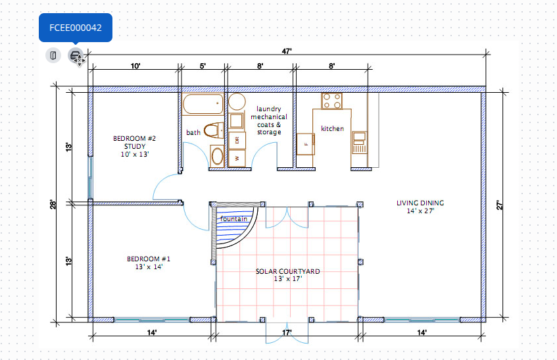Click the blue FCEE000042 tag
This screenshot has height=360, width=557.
tap(76, 28)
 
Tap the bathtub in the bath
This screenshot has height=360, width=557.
tap(203, 104)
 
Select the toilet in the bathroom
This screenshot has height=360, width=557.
tap(214, 130)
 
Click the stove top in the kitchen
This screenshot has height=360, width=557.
tap(332, 101)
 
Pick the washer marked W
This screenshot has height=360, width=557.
tap(237, 158)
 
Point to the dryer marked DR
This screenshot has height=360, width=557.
tap(237, 140)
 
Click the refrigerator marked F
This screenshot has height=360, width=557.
tap(306, 144)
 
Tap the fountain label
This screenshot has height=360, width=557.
tap(233, 219)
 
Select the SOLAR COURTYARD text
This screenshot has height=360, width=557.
tap(288, 271)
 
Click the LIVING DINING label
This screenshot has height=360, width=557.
tap(420, 203)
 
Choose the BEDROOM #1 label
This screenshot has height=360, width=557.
tap(149, 259)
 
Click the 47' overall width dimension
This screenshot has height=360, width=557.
tap(287, 51)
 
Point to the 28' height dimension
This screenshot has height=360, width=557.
tap(53, 204)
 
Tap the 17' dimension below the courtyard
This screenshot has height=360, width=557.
tap(287, 332)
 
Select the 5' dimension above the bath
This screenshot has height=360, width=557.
tap(203, 66)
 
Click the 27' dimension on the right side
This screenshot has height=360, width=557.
tap(499, 205)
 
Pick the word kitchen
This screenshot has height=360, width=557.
tap(333, 128)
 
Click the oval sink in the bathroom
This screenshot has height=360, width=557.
tap(217, 156)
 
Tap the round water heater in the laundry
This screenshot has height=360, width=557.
tap(237, 102)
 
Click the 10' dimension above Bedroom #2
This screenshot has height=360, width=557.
tap(135, 66)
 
